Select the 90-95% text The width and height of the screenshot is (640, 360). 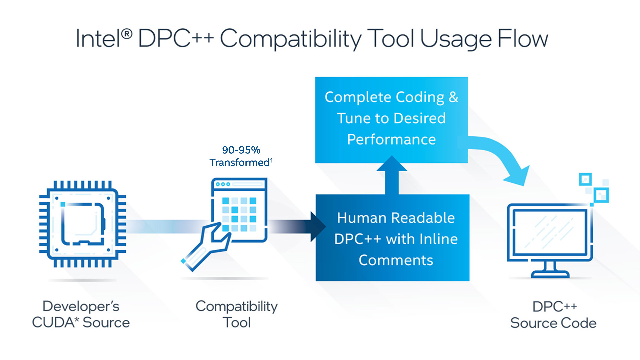(241, 150)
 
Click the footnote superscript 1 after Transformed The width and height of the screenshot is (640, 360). (271, 160)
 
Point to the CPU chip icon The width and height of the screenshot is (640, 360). (82, 224)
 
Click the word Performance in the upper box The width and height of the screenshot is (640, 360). (391, 139)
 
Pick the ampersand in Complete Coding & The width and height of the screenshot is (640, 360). (453, 97)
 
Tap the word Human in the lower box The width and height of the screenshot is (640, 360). (357, 218)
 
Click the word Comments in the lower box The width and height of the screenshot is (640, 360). (396, 260)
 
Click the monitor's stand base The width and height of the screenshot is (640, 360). (550, 274)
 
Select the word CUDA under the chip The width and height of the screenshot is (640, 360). (55, 323)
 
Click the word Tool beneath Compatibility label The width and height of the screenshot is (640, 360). (237, 323)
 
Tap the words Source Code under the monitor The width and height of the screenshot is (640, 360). (553, 323)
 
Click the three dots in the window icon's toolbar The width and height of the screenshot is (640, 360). (223, 184)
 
